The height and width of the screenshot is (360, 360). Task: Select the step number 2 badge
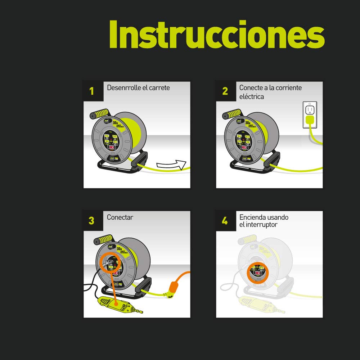(225, 91)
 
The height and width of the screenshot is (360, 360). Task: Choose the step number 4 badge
(225, 220)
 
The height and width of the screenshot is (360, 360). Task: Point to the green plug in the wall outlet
(310, 121)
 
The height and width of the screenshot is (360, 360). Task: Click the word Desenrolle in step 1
(122, 87)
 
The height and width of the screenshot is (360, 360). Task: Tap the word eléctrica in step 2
(252, 97)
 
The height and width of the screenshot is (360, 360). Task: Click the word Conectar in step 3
(120, 217)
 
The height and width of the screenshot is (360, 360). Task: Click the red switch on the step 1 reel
(112, 147)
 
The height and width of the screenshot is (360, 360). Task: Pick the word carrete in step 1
(159, 87)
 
